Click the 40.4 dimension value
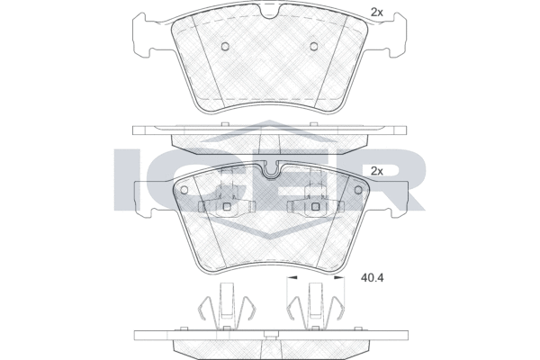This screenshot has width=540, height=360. [x=372, y=277]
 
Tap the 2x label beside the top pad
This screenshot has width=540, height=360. [x=377, y=13]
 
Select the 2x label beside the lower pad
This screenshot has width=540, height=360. [x=377, y=171]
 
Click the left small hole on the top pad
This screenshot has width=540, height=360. [x=225, y=46]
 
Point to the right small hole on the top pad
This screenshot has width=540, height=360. [x=313, y=46]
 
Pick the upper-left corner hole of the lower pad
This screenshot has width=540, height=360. [x=184, y=190]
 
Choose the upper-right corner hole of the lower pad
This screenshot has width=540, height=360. [x=357, y=190]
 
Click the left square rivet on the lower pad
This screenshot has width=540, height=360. [x=227, y=206]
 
